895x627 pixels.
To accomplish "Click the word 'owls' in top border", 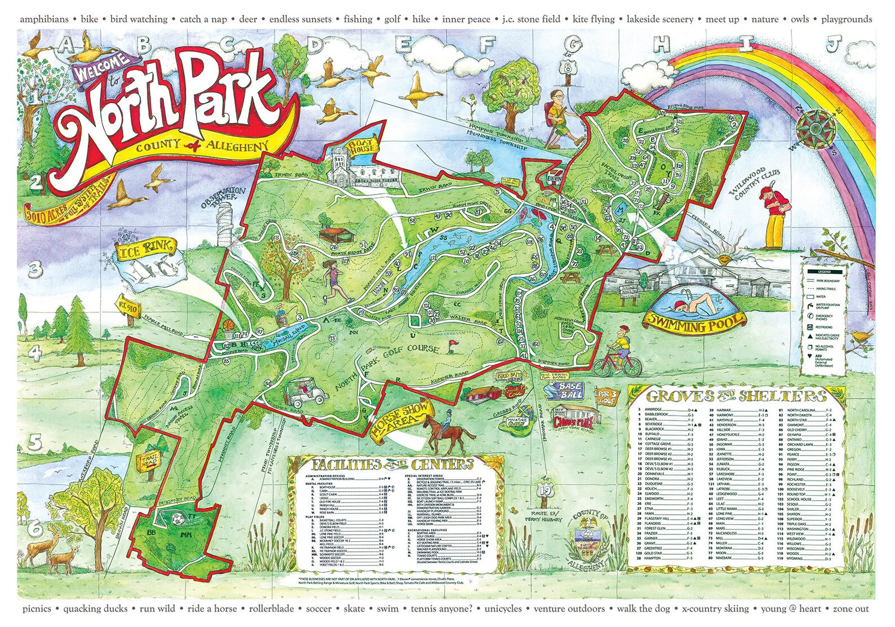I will point(799,19).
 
